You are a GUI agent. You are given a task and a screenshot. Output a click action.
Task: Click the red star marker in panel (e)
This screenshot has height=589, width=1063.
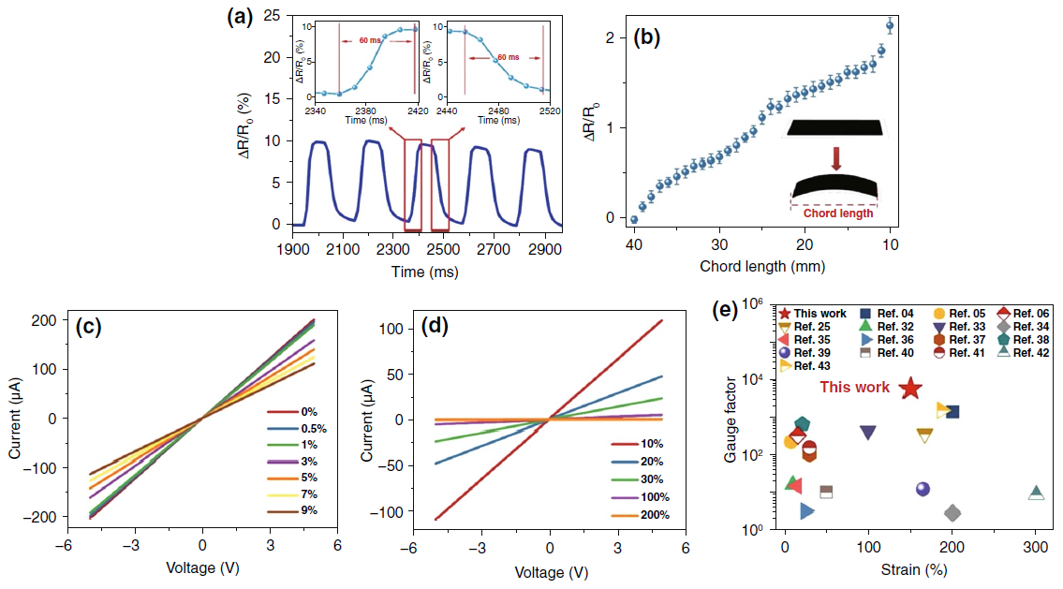(909, 389)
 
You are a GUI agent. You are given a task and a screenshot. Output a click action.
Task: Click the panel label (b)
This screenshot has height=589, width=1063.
(649, 37)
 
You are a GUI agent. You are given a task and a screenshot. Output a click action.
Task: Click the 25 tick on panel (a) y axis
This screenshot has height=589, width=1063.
(273, 16)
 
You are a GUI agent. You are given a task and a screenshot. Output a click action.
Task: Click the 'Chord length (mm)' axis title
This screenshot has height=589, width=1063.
(762, 265)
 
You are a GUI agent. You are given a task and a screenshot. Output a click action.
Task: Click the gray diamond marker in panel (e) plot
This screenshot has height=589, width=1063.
(952, 512)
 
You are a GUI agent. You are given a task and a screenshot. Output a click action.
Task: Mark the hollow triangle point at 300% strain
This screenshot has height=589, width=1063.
(1036, 493)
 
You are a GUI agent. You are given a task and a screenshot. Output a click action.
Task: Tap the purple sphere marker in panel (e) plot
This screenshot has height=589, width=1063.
(923, 489)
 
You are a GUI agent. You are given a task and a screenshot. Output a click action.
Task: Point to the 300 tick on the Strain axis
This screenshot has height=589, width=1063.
(1036, 548)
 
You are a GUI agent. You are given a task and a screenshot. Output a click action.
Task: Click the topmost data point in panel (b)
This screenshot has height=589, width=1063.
(890, 26)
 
